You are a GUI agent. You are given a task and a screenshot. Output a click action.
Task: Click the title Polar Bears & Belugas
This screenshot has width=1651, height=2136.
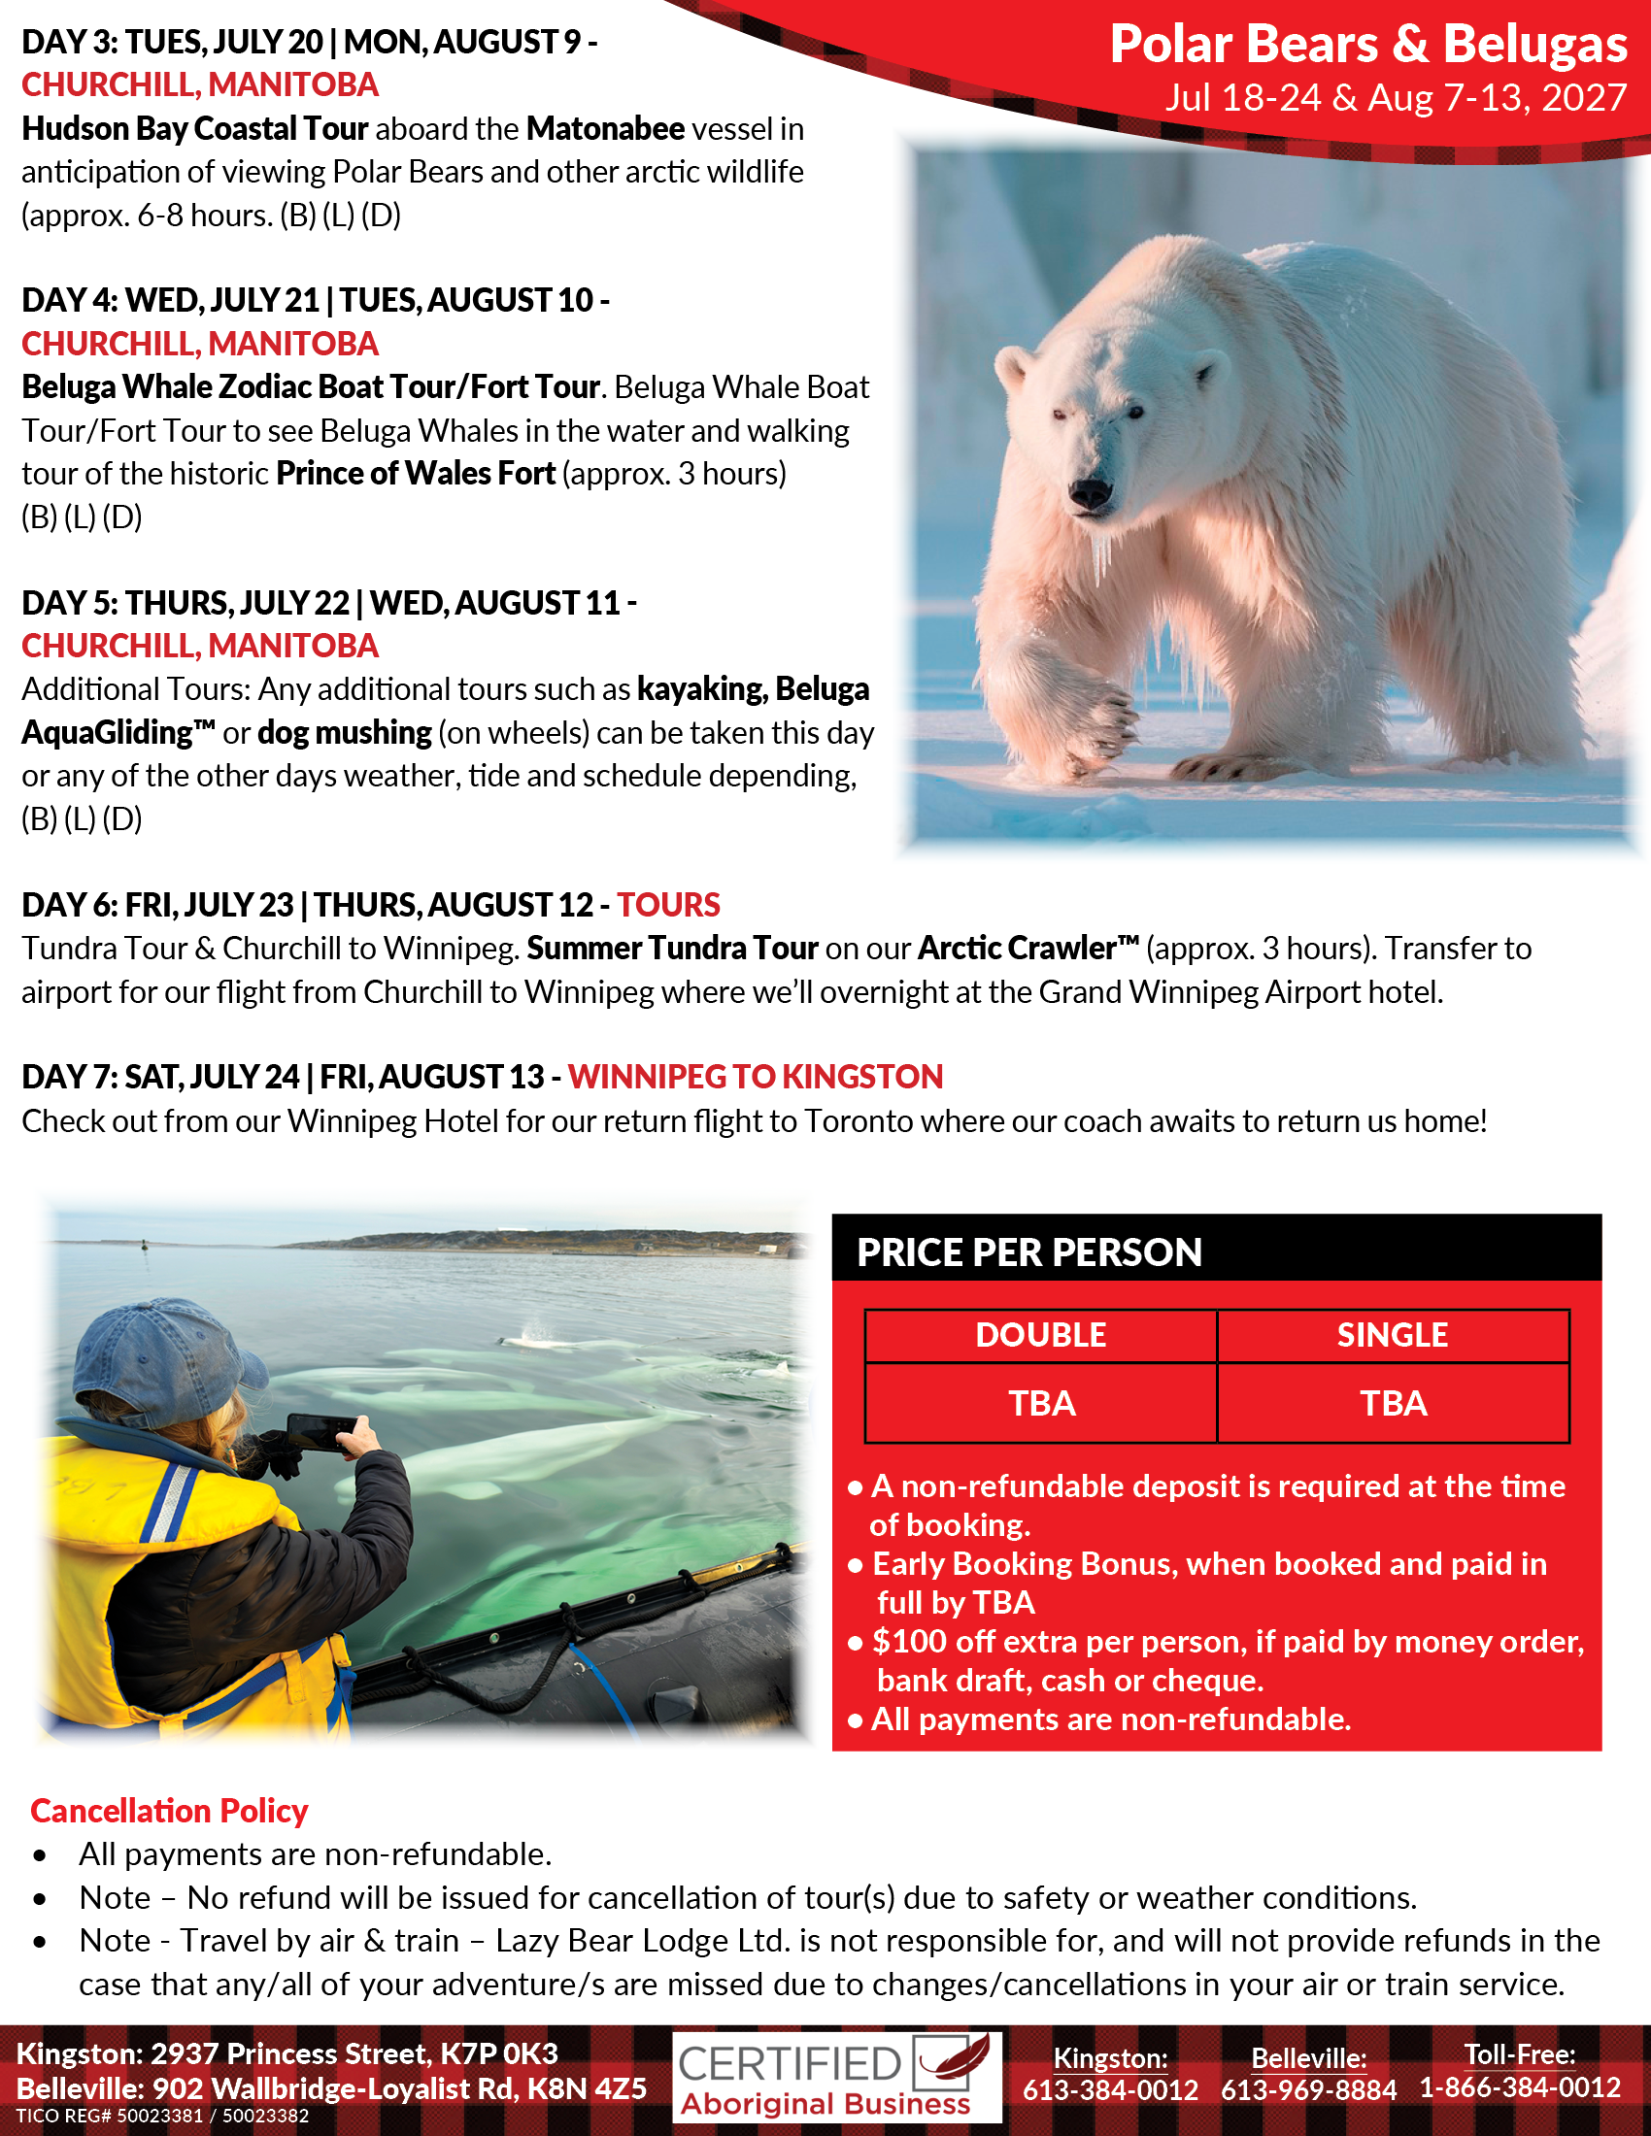(x=1367, y=45)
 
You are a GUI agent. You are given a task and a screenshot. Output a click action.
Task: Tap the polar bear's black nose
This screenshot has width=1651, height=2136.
(x=1089, y=491)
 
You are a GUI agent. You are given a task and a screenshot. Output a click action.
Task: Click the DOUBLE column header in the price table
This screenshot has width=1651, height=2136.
(x=1041, y=1335)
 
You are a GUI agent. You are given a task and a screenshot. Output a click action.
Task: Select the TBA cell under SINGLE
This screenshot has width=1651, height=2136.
(x=1393, y=1404)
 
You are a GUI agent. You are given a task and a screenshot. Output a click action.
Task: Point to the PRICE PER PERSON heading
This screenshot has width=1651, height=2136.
(x=1028, y=1252)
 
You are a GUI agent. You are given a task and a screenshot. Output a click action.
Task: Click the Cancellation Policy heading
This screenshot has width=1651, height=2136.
(x=169, y=1812)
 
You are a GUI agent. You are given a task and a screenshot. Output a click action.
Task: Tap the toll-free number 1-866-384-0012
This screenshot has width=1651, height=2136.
(x=1520, y=2088)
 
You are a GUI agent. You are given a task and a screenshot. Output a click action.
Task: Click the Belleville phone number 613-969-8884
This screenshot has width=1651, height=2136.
(x=1308, y=2090)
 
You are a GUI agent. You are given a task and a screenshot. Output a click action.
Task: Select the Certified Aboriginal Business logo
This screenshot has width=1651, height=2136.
(x=836, y=2078)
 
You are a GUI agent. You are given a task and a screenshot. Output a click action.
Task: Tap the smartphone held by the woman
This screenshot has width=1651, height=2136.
(x=320, y=1433)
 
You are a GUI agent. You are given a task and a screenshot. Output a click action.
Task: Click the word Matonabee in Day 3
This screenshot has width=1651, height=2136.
(x=605, y=129)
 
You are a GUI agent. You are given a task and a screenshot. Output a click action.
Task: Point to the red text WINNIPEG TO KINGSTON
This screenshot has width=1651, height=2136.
(x=755, y=1077)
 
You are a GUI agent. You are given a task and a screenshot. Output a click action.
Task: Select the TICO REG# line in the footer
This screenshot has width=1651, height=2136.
(x=162, y=2117)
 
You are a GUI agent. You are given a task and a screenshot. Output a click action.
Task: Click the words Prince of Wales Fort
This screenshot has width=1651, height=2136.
(x=416, y=475)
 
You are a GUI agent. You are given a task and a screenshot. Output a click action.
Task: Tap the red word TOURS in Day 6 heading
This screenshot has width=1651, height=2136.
(x=668, y=906)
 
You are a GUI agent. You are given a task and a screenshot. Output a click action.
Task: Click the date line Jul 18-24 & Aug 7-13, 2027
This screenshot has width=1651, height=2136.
(x=1395, y=98)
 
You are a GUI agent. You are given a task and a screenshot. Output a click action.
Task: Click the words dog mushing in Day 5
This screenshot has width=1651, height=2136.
(x=345, y=733)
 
